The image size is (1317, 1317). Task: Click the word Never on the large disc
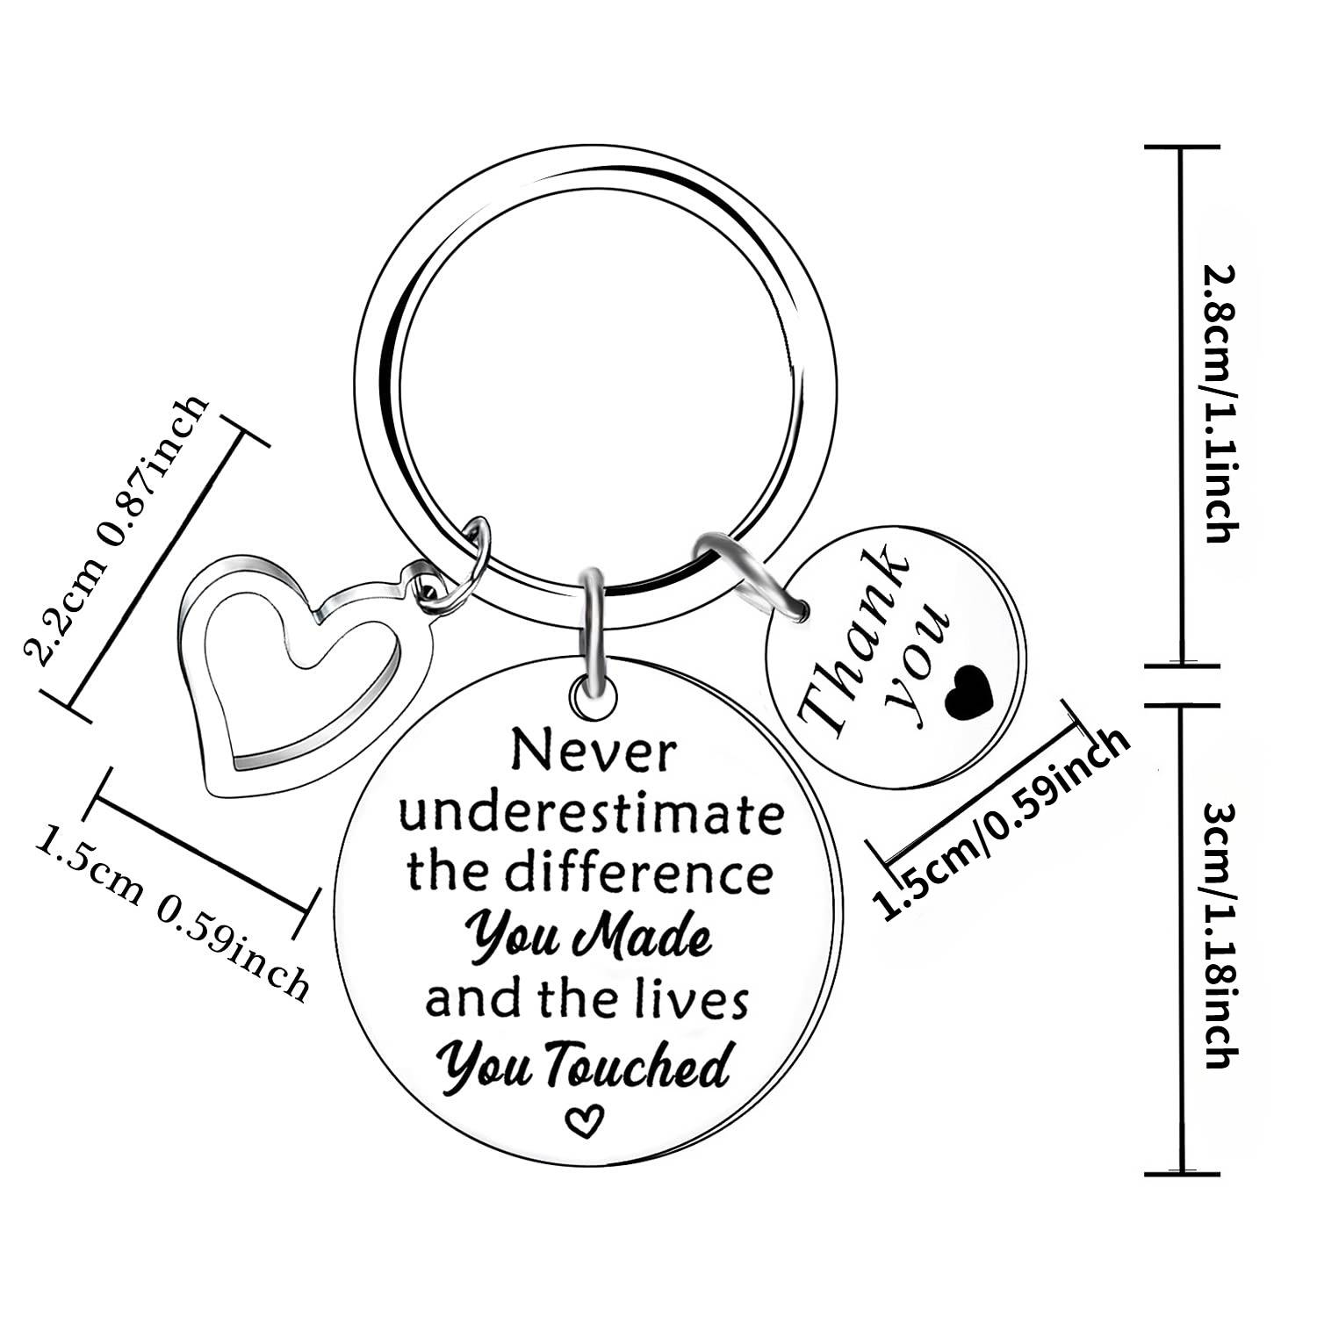(x=594, y=753)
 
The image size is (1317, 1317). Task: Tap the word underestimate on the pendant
(x=591, y=815)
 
